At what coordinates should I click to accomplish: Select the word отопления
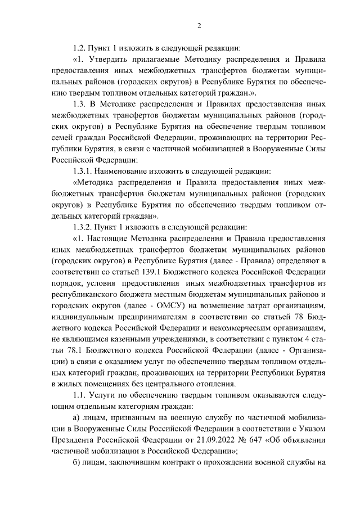coord(211,384)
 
